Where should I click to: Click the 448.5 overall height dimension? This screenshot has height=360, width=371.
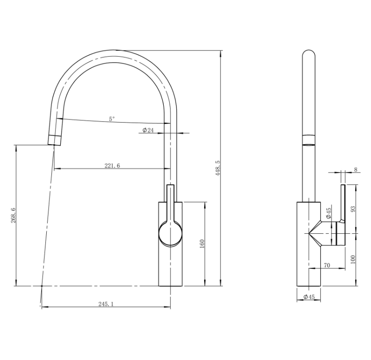point(218,168)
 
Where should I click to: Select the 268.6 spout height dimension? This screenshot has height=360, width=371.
point(13,215)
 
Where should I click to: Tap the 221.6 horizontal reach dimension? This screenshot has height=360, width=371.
point(112,166)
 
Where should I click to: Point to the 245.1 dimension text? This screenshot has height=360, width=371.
point(106,304)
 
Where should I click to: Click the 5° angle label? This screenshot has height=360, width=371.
point(112,119)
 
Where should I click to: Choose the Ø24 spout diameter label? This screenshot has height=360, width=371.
point(148,130)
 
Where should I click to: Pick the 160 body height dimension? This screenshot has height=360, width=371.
point(202,244)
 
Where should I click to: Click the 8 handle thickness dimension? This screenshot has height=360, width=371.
point(356,170)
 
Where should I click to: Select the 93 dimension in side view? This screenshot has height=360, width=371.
point(353,209)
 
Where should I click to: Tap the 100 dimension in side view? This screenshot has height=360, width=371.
point(353,260)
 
